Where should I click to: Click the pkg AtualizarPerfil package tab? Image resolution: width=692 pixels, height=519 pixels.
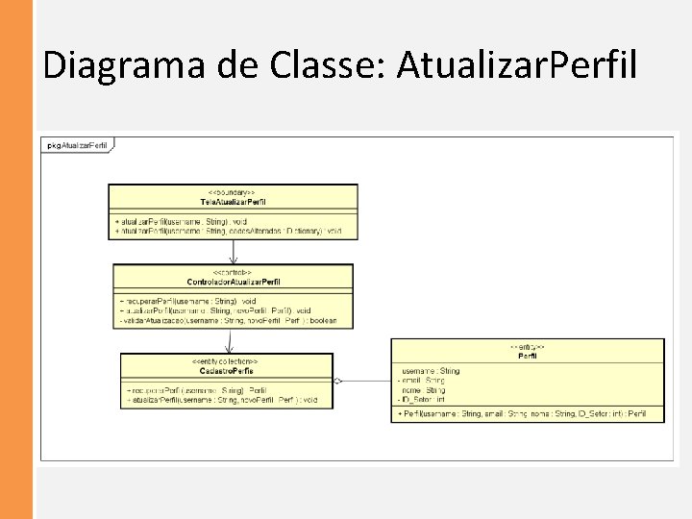pos(76,145)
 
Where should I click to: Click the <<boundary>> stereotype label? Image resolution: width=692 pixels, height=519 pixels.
pos(234,192)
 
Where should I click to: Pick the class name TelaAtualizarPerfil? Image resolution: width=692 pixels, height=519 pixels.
pos(234,202)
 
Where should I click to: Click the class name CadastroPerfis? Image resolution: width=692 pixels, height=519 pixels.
pos(226,370)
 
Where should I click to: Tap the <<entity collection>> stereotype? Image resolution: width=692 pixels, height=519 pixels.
pos(226,361)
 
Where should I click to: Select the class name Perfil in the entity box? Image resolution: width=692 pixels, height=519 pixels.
pos(527,356)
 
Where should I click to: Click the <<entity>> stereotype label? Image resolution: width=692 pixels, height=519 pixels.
pos(527,346)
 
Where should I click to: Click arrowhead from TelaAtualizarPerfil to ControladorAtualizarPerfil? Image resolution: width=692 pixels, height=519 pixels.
pos(234,259)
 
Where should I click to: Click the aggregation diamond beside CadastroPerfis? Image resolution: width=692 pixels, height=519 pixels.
pos(338,381)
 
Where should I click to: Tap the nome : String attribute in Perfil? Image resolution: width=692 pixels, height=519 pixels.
pos(423,389)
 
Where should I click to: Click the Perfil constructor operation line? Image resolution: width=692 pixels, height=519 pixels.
pos(528,413)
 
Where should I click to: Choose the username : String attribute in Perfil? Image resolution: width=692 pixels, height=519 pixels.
pos(430,370)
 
